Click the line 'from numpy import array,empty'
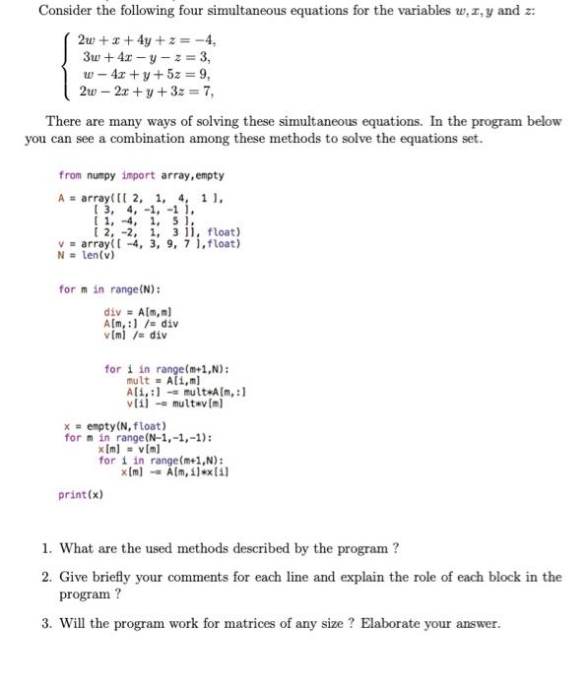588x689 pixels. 141,175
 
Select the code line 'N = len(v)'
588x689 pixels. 88,255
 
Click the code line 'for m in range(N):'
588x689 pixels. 110,289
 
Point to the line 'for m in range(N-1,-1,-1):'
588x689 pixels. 138,437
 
